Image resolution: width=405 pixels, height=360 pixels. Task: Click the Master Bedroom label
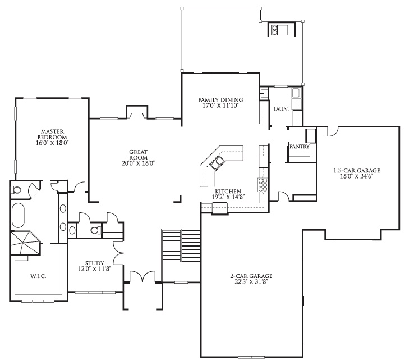52,134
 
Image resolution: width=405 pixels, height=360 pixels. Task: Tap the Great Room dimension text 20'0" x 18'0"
138,163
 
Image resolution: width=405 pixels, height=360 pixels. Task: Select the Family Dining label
220,100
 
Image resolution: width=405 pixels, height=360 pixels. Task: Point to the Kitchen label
228,192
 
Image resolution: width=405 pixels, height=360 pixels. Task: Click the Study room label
95,263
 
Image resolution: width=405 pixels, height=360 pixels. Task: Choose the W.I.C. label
38,276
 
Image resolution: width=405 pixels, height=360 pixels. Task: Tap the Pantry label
300,147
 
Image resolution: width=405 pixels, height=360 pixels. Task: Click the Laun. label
281,110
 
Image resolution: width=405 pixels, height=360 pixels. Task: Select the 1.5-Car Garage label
357,171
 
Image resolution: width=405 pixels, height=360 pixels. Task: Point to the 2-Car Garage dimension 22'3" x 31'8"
251,281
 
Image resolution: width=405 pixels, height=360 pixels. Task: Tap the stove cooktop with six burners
263,185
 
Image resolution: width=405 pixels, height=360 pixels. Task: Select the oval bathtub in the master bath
18,216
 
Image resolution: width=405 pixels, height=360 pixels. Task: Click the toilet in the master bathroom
16,190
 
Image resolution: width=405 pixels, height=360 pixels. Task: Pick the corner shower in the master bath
25,243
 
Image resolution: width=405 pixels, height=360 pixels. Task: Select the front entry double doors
142,276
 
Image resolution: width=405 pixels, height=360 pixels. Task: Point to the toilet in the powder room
96,230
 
